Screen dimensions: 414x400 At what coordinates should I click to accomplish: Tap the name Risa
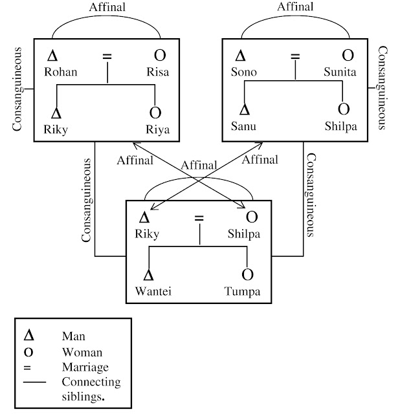(157, 72)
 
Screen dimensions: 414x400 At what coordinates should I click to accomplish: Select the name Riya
(157, 129)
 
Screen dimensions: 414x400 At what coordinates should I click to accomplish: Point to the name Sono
(244, 72)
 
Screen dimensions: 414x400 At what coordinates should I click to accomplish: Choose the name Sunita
(340, 72)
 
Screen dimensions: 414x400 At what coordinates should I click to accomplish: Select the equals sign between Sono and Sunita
(295, 56)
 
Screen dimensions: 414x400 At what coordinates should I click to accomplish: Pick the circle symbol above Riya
(154, 112)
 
